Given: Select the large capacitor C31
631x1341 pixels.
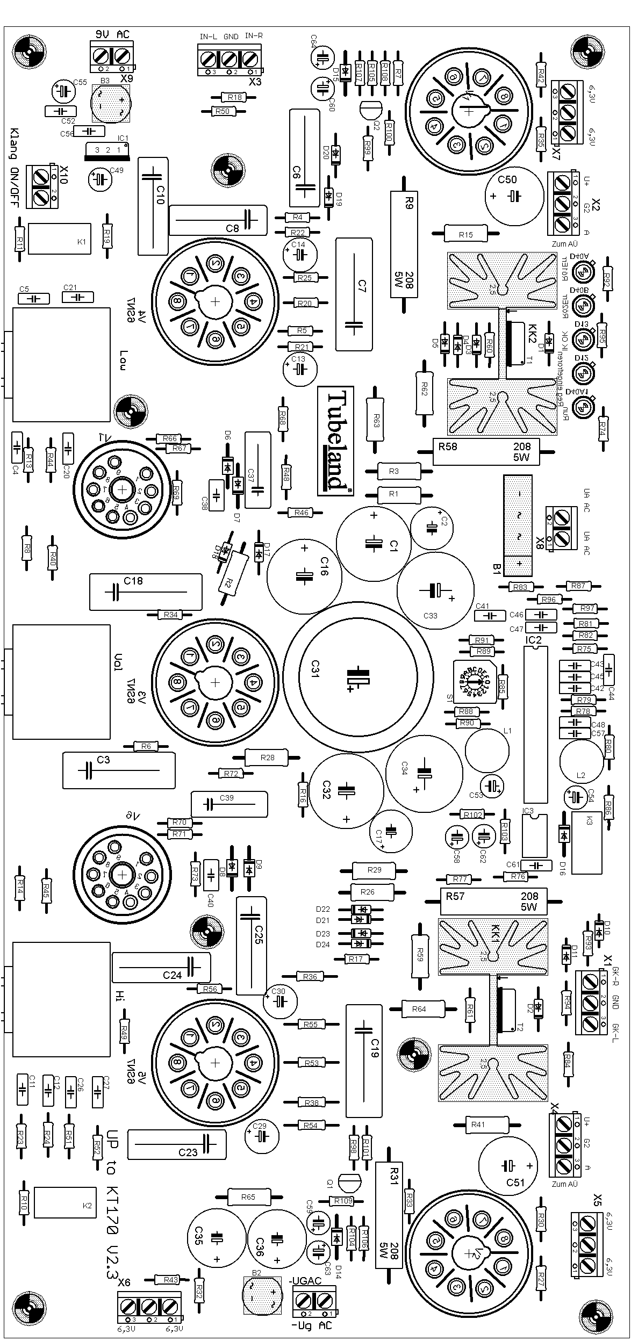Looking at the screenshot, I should click(x=357, y=676).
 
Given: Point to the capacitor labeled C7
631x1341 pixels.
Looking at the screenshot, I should click(x=354, y=294).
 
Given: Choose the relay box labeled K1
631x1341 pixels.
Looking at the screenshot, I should click(x=59, y=239).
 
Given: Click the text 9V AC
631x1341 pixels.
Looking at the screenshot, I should click(x=112, y=34).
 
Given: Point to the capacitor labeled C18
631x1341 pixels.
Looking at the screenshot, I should click(x=146, y=592).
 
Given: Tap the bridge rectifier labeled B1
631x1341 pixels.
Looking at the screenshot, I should click(x=518, y=525).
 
